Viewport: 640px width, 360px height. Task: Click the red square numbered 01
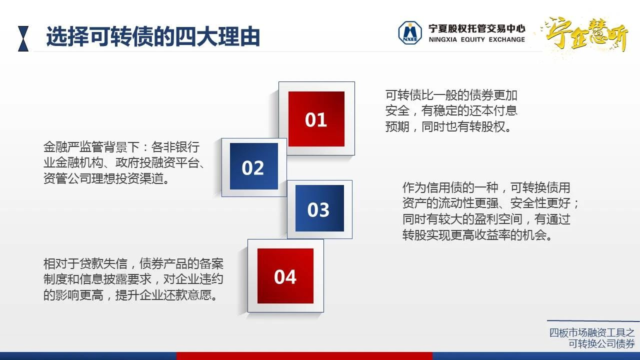(316, 119)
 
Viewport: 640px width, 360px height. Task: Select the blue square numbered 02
(253, 166)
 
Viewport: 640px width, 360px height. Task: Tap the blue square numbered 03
(319, 208)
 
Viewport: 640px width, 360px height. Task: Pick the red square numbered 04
(285, 275)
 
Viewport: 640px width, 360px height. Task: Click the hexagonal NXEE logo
(410, 32)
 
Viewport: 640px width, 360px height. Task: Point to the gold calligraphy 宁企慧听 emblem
(585, 34)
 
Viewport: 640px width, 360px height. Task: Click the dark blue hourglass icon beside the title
(23, 38)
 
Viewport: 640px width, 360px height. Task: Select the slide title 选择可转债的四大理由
(153, 36)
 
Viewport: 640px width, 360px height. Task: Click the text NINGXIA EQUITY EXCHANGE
(476, 39)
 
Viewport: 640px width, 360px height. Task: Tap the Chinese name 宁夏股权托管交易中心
(476, 28)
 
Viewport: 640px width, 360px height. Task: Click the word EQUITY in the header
(473, 39)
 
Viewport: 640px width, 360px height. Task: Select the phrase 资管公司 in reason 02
(67, 178)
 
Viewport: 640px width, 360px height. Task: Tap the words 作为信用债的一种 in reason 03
(450, 187)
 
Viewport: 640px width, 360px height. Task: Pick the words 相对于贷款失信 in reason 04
(85, 263)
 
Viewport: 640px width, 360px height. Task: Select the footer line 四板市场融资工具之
(592, 333)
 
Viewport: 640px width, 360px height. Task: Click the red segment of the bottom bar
(304, 356)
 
